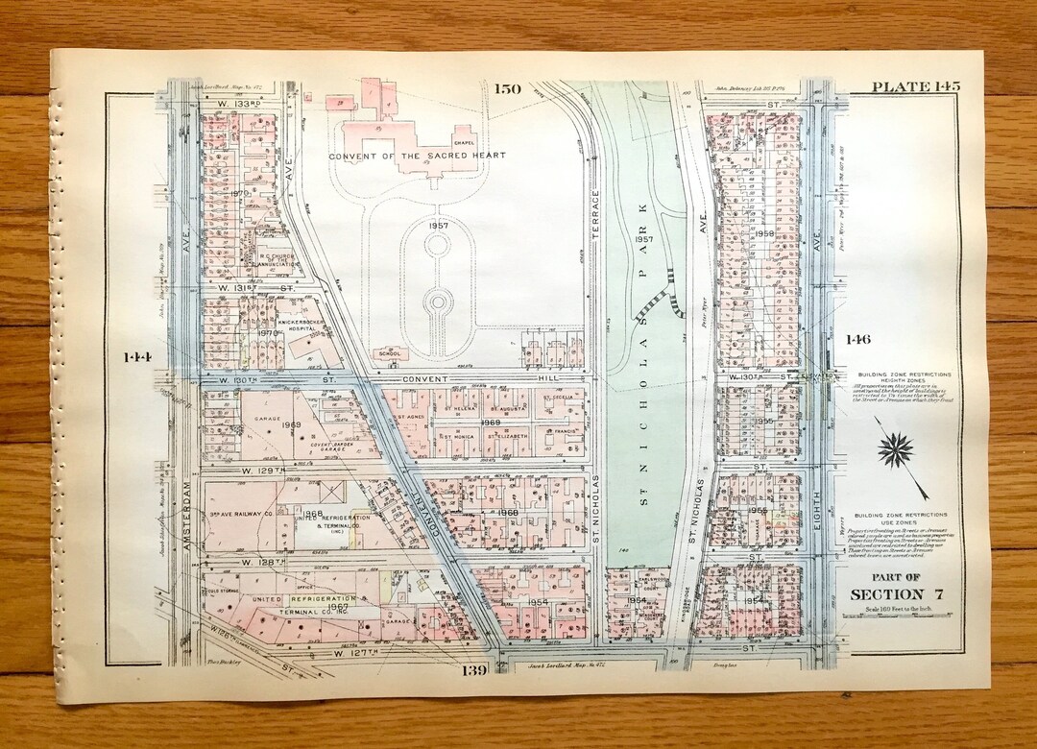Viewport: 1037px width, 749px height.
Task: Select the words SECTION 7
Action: (897, 594)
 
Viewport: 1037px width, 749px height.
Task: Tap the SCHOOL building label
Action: (391, 353)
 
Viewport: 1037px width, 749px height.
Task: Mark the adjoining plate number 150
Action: (507, 89)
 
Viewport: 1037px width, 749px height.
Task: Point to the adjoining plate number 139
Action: (478, 668)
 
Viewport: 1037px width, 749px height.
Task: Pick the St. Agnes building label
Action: (410, 419)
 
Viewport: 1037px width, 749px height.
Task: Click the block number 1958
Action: (764, 233)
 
